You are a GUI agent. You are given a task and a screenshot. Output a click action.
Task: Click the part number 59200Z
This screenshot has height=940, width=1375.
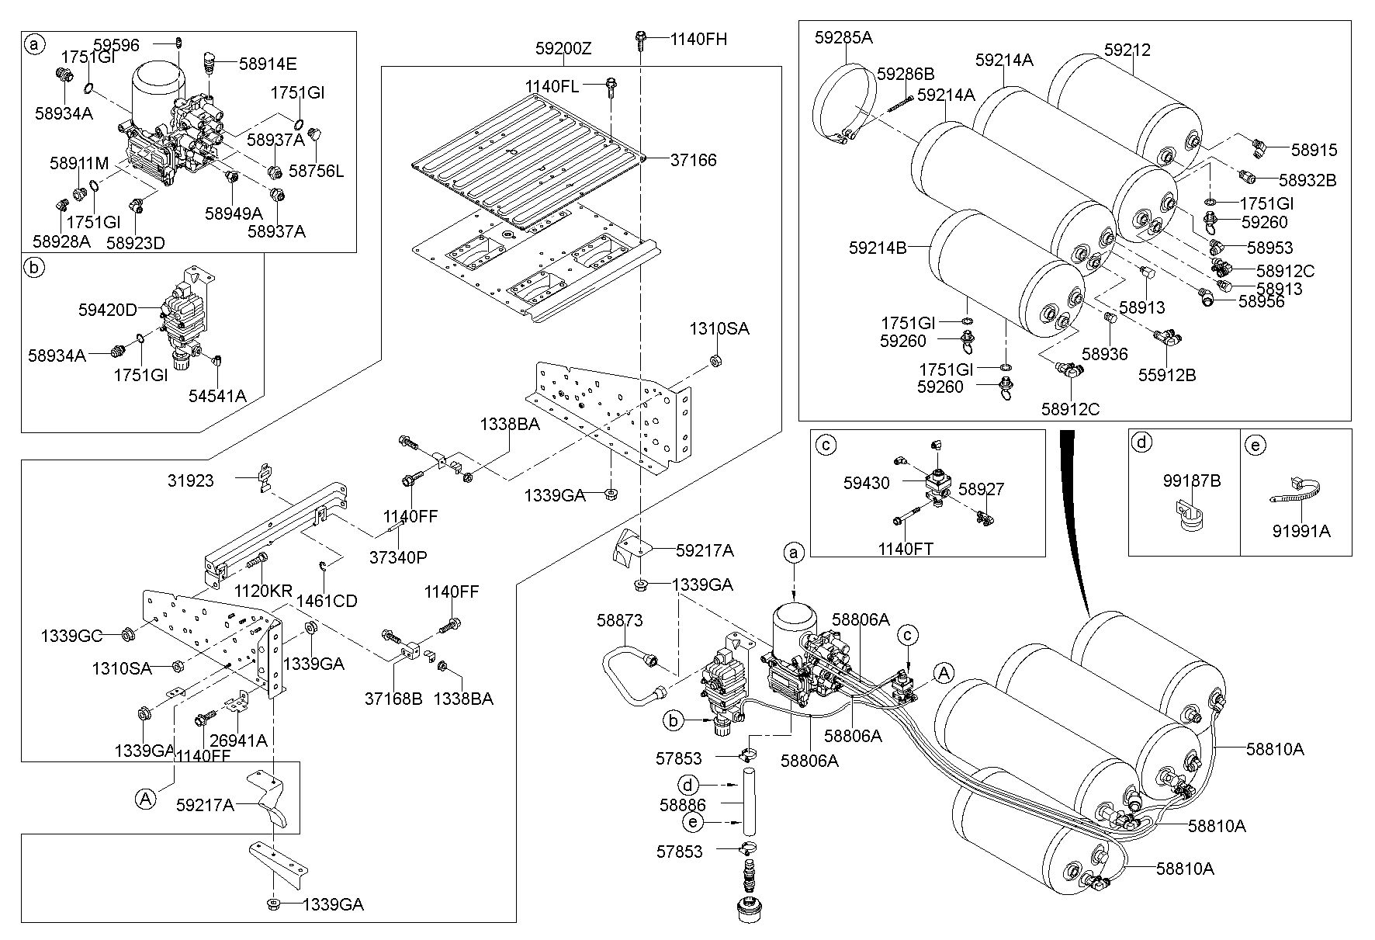pos(563,49)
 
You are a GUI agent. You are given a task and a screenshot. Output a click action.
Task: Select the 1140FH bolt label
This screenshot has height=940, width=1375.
pos(699,38)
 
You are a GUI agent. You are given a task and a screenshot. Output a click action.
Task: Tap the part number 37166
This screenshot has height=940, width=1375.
pos(694,160)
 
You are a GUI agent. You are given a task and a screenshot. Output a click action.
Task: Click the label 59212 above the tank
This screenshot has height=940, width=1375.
pos(1127,50)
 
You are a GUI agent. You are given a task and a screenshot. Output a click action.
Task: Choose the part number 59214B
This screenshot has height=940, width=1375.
pos(878,248)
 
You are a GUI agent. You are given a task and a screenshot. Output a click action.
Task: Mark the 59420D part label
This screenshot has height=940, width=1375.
pos(107,310)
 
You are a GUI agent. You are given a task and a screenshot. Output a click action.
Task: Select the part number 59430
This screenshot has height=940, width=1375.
pos(867,483)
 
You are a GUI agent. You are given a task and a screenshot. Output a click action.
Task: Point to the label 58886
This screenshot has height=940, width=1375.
pos(683,805)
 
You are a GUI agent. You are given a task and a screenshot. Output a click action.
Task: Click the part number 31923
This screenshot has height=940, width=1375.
pos(190,481)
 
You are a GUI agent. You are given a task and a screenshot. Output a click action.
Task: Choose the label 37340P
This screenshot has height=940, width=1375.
pos(398,557)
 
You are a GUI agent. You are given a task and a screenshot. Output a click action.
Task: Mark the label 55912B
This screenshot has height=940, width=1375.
pos(1167,376)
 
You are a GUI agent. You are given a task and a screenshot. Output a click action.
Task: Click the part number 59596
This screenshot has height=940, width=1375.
pos(116,45)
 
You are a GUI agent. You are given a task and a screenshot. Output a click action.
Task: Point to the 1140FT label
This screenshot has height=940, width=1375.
pos(906,550)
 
